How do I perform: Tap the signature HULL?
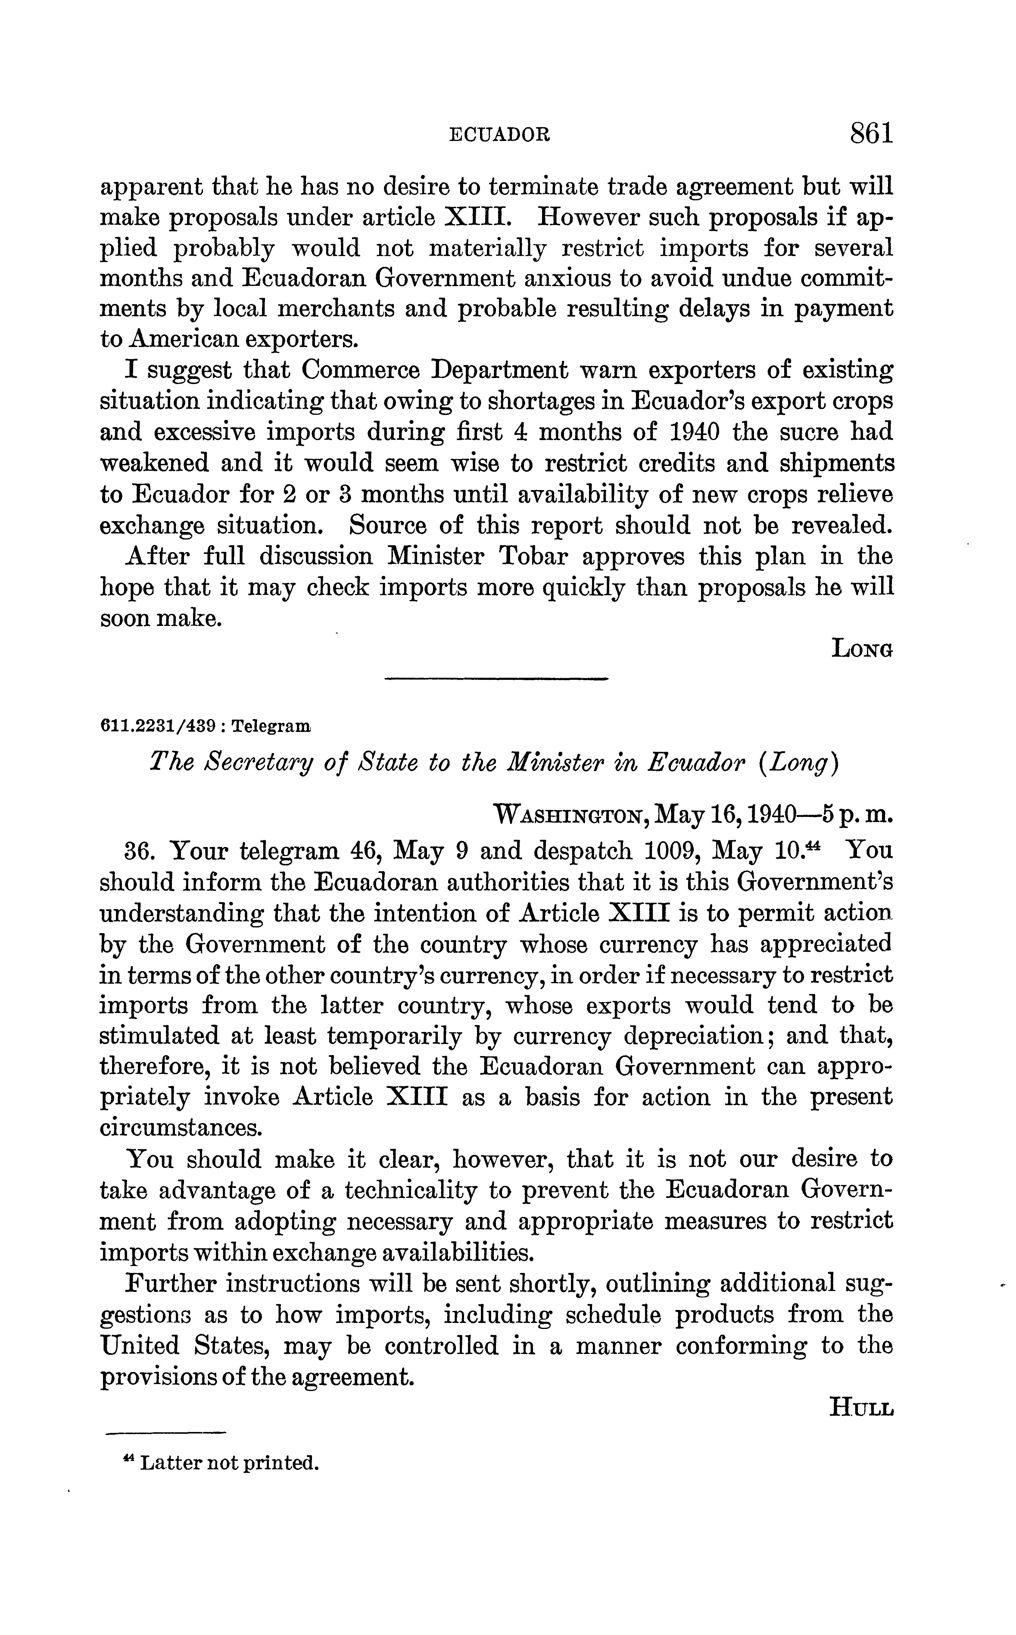(x=862, y=1406)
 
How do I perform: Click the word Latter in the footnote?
(x=169, y=1462)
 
